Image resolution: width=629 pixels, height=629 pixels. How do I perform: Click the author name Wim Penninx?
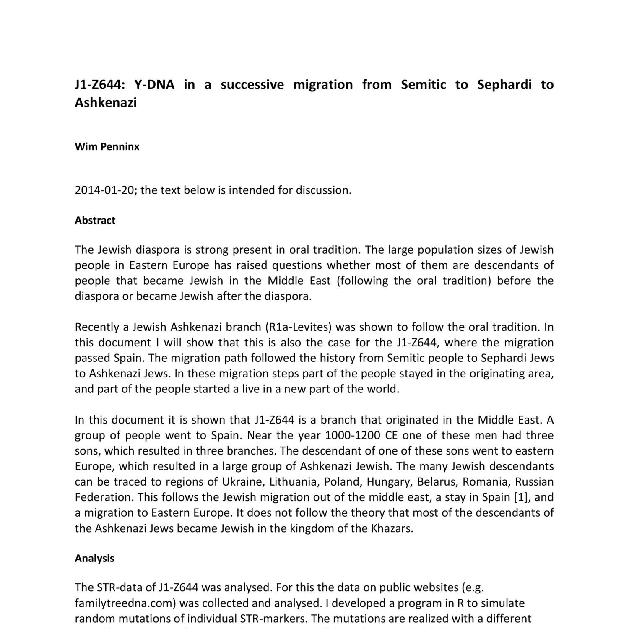(107, 147)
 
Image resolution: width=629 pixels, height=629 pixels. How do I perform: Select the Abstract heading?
(95, 221)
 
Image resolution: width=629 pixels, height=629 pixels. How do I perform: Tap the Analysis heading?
(94, 559)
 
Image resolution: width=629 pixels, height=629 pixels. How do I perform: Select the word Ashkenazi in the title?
(106, 102)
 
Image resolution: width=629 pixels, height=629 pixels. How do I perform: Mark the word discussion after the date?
(323, 190)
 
